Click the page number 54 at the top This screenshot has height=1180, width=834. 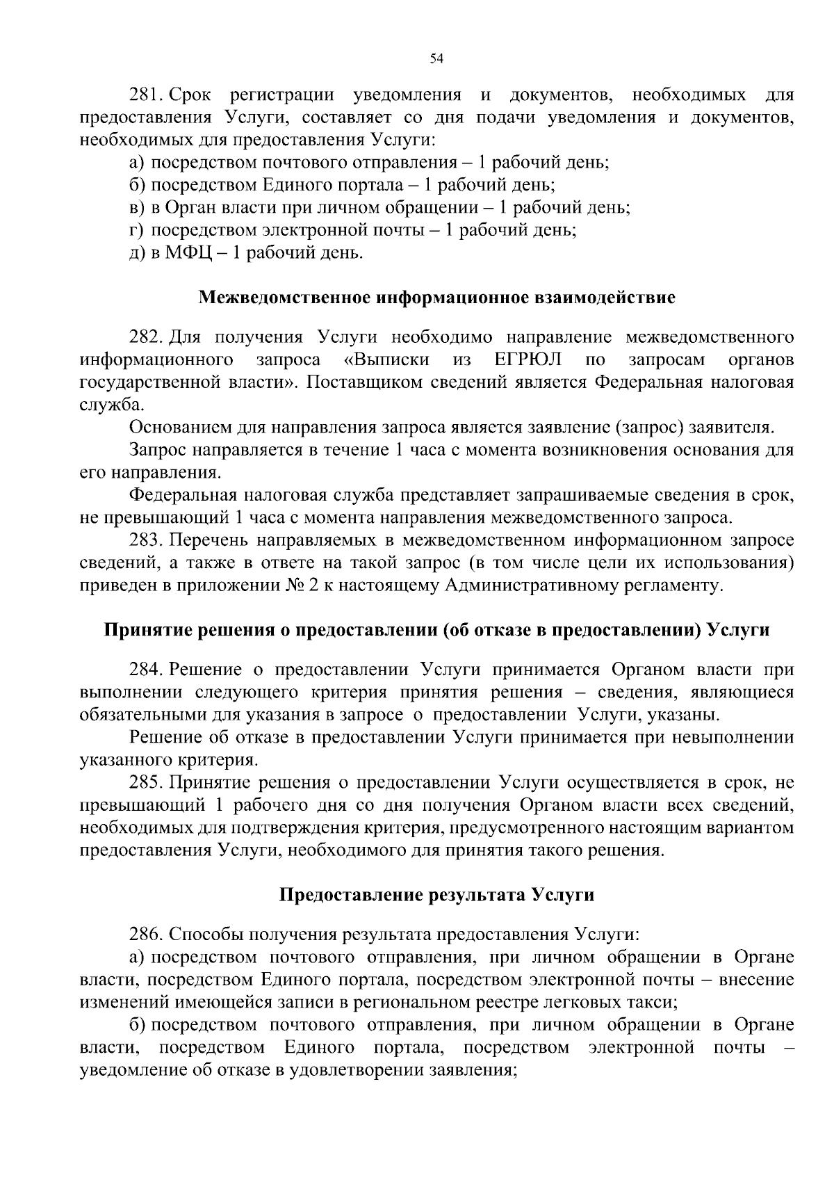[x=436, y=59]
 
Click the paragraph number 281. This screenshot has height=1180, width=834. [x=145, y=95]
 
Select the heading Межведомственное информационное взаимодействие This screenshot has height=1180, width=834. [x=436, y=298]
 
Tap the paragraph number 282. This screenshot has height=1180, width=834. [x=146, y=338]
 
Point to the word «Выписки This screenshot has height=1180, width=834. [x=386, y=360]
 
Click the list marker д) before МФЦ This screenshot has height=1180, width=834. [x=136, y=253]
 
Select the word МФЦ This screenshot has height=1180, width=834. [x=186, y=253]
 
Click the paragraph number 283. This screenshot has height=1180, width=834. [x=146, y=540]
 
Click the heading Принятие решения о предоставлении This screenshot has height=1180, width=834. [x=436, y=631]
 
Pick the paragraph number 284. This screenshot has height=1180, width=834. [x=146, y=670]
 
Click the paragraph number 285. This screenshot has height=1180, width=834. [x=146, y=783]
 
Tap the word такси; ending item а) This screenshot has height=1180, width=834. [x=656, y=1003]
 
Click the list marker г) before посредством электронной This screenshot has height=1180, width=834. [x=136, y=230]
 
